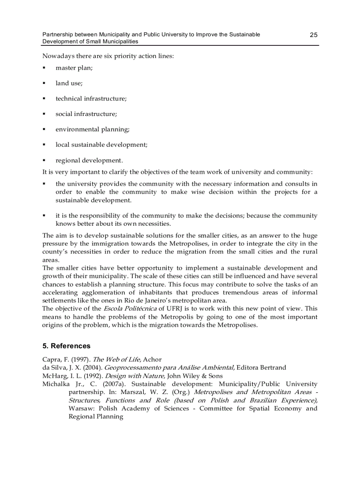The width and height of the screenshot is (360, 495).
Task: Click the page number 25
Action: (313, 35)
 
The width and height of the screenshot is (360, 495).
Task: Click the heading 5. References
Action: (66, 346)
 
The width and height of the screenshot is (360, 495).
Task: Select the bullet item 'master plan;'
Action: (74, 68)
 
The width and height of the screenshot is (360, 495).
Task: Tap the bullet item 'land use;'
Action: (69, 83)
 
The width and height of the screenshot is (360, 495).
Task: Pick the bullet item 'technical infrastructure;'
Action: (91, 99)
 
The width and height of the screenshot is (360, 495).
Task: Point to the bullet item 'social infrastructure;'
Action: (86, 114)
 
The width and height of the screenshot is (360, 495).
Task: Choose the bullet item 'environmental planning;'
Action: (92, 130)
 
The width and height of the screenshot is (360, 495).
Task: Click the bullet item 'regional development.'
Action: (89, 160)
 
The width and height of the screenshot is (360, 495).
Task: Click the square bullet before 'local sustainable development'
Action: (44, 145)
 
